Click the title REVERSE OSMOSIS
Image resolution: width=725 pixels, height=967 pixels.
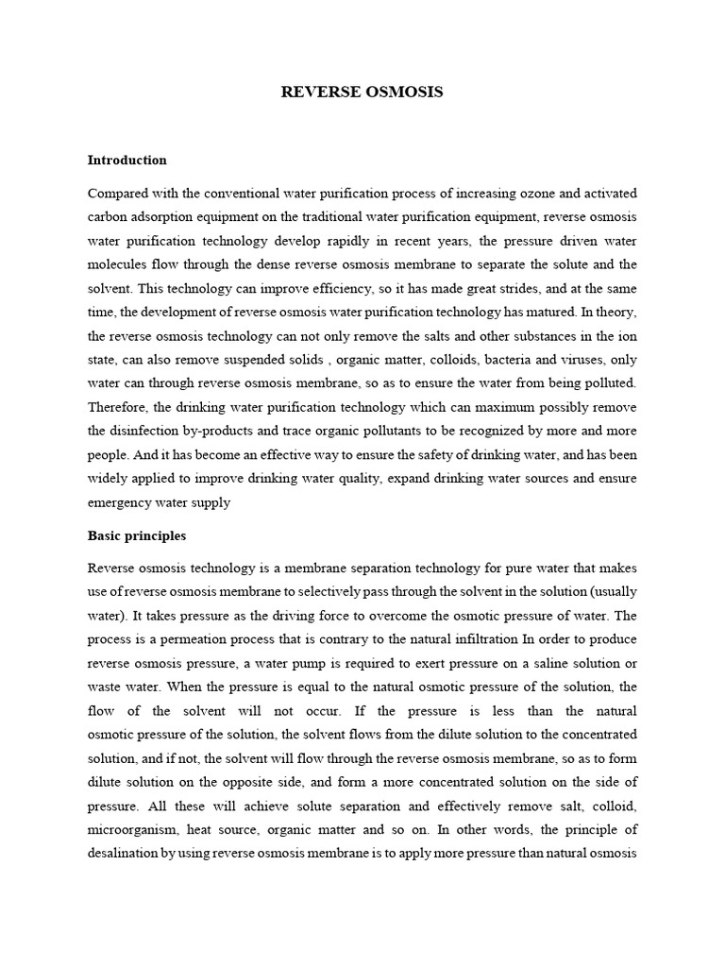coord(362,92)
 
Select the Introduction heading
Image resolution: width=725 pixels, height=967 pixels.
coord(126,160)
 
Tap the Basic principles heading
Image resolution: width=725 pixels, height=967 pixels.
coord(136,535)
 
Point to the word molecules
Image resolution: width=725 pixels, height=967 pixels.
coord(119,264)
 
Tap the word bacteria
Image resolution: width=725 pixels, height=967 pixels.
coord(510,361)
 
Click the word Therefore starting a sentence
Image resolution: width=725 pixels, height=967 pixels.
coord(119,408)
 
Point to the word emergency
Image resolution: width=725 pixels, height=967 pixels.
coord(120,503)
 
